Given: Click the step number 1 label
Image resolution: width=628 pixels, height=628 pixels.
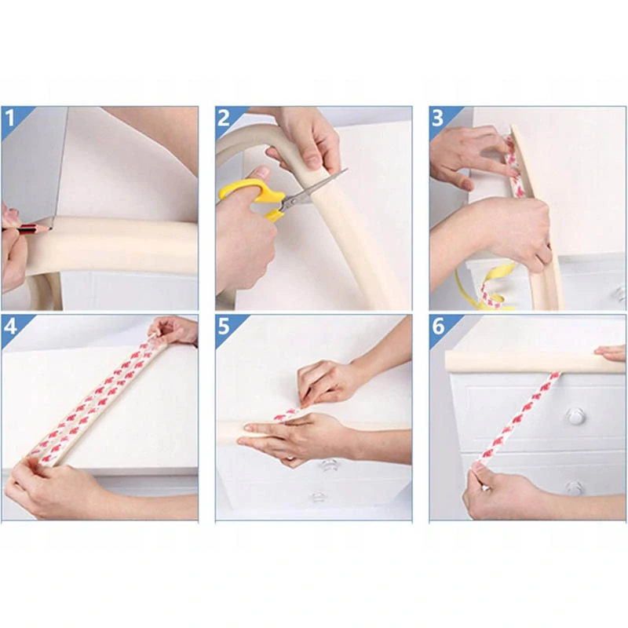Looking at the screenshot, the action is [9, 119].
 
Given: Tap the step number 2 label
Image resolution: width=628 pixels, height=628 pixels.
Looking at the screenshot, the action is [224, 119].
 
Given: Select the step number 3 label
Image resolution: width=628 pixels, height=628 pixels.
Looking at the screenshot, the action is [437, 119].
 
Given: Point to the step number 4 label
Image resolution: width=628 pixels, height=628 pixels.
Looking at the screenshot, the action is [10, 327].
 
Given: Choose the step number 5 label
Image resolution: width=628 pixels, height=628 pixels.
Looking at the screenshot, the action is [224, 327].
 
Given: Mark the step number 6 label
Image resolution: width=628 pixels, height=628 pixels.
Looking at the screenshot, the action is [438, 327].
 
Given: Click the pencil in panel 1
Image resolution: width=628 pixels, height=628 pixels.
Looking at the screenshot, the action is [27, 228].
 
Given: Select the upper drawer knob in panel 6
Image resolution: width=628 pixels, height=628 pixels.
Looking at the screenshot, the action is [575, 417].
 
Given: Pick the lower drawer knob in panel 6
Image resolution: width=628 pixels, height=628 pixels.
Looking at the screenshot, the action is [574, 487].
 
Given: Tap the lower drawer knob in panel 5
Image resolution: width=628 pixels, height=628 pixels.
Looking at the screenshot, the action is [318, 497].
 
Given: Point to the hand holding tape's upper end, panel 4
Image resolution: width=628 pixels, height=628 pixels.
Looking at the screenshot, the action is [174, 330].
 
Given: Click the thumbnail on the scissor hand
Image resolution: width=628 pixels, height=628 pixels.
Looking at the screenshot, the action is [263, 173].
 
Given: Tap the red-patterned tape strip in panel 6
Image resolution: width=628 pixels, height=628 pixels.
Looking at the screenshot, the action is [517, 421].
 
